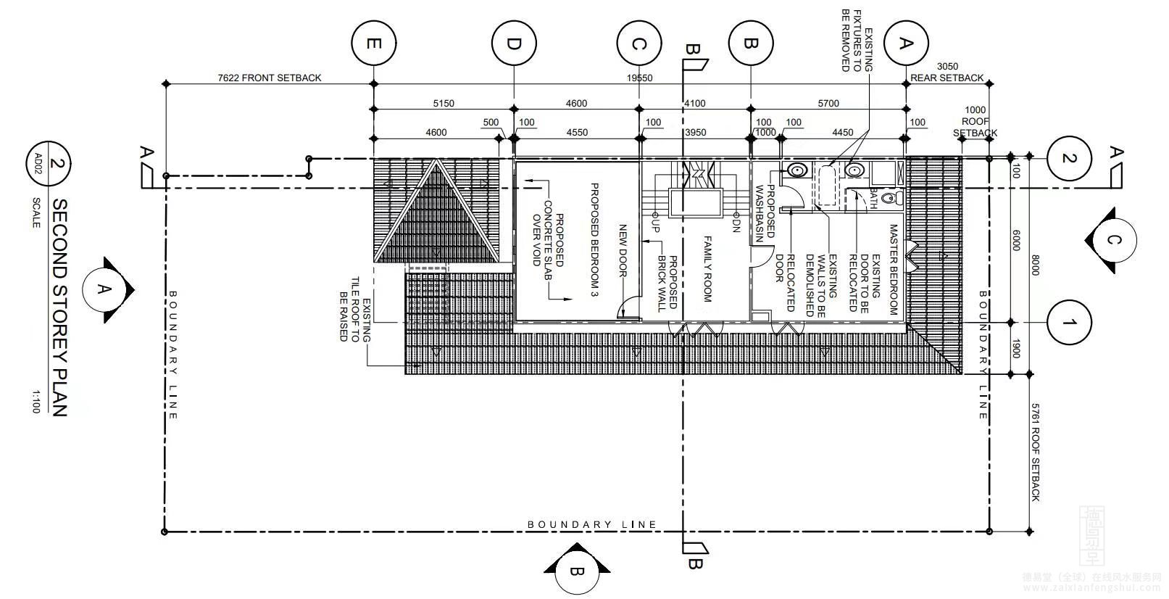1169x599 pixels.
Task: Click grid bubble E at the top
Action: (x=373, y=44)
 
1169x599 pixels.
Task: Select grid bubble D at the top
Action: (x=514, y=44)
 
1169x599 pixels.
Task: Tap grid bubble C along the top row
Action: (x=639, y=44)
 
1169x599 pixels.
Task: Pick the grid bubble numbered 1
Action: (x=1069, y=322)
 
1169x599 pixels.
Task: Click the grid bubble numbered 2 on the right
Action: (x=1069, y=158)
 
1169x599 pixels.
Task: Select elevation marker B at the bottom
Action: (x=576, y=571)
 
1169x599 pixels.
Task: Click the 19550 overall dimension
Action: (x=641, y=78)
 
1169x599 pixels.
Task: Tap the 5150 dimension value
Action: (x=444, y=103)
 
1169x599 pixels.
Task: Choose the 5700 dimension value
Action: (x=828, y=103)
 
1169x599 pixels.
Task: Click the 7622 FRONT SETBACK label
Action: (x=270, y=78)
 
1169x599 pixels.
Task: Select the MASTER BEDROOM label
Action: (x=893, y=268)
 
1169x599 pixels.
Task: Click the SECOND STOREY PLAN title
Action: (x=60, y=307)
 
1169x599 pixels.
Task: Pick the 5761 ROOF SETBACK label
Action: (x=1035, y=453)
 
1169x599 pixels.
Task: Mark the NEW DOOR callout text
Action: (x=622, y=251)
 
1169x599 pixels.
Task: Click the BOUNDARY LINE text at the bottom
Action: (x=592, y=524)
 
